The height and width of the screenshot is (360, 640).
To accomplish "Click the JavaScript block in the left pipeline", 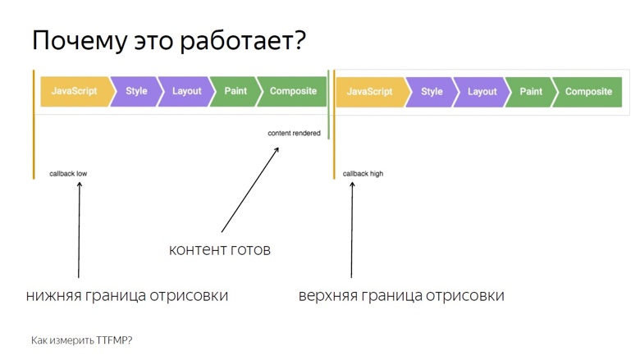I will (x=74, y=92).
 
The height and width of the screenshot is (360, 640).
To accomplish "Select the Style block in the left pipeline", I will (x=136, y=92).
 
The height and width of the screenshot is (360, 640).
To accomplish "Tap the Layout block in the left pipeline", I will (x=186, y=92).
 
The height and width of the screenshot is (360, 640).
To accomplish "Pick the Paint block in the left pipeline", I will (x=235, y=92).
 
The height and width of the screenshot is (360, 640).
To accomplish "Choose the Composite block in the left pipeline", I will (x=293, y=92).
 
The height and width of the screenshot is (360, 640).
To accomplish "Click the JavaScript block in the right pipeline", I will (x=369, y=92).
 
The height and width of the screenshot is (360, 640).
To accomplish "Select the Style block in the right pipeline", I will (x=432, y=92).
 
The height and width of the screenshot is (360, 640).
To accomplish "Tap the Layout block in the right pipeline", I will (x=482, y=92).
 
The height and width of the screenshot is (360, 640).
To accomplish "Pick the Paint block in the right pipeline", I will (x=531, y=92).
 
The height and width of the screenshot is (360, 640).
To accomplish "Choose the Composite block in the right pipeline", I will (x=588, y=92).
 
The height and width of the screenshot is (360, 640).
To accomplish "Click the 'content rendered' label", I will (x=294, y=133).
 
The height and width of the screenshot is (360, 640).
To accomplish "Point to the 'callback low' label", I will (x=68, y=174).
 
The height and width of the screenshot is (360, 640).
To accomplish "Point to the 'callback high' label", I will (x=363, y=174).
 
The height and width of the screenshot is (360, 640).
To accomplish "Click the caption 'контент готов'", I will (x=219, y=250).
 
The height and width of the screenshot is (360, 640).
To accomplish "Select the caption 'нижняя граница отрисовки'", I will (x=127, y=295).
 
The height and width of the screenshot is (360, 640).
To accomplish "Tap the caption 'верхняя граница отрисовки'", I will (x=401, y=295).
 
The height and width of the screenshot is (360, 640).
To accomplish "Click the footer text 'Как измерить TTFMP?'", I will (x=81, y=339).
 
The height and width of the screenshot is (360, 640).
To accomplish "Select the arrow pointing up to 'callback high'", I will (x=352, y=230).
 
